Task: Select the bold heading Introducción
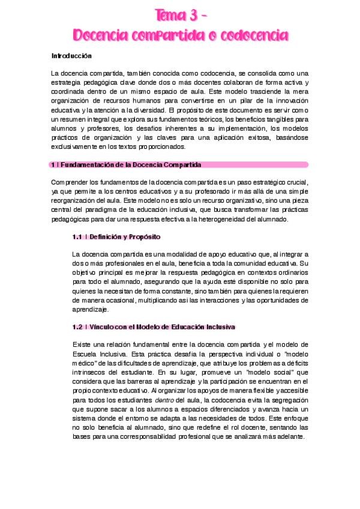(71, 56)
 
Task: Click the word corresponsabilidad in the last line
(162, 436)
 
